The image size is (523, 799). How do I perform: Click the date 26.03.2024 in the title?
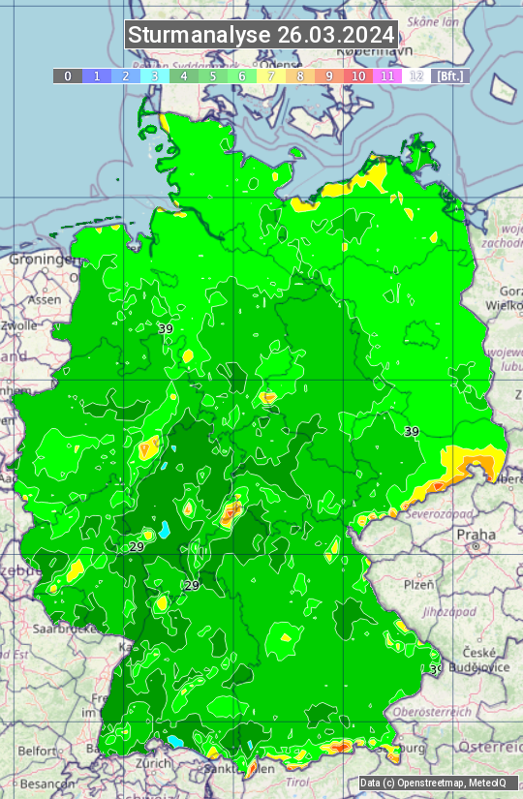[x=335, y=35]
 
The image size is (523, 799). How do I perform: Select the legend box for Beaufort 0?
[x=68, y=76]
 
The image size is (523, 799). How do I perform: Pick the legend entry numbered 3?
[x=155, y=76]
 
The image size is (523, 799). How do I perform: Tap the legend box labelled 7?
[x=271, y=76]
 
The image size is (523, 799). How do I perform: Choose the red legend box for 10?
[x=358, y=76]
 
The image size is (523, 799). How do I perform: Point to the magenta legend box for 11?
[x=387, y=76]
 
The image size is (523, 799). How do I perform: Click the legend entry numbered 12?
[x=416, y=76]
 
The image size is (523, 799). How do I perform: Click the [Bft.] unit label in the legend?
[x=449, y=76]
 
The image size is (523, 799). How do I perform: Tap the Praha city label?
[x=477, y=535]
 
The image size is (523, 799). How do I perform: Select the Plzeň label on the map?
[x=418, y=584]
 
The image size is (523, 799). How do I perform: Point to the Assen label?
[x=44, y=300]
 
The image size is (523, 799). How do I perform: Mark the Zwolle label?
[x=19, y=325]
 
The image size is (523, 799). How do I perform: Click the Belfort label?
[x=38, y=750]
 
